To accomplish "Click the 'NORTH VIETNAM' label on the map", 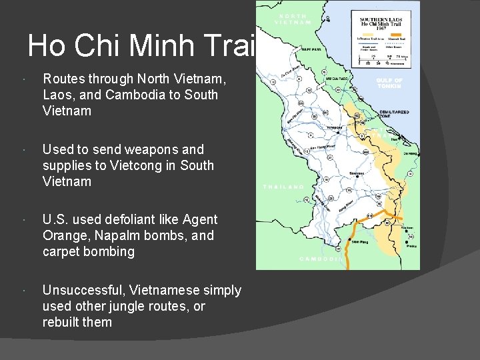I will coord(293,19).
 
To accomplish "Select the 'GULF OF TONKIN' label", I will coord(389,83).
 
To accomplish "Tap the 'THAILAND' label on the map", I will coord(283,187).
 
